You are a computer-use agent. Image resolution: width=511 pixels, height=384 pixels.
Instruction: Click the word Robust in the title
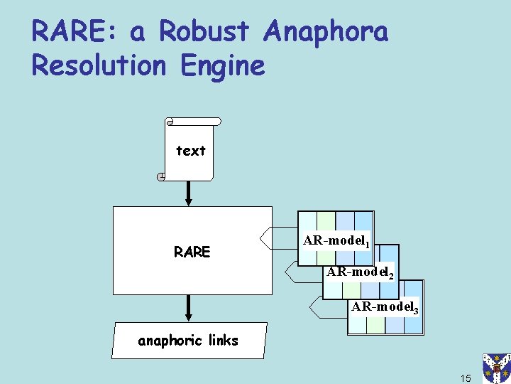(x=205, y=32)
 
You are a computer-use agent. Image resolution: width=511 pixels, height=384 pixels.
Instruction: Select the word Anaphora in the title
(x=326, y=33)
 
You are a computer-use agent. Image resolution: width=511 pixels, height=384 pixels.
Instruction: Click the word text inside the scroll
(x=190, y=151)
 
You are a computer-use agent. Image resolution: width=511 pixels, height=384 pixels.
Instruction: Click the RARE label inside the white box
(x=192, y=252)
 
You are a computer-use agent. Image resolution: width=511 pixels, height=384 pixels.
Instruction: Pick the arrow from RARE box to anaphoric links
(x=189, y=307)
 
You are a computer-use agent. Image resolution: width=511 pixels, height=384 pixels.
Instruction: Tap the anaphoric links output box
(x=189, y=341)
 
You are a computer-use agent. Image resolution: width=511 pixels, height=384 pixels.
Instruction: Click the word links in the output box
(x=223, y=341)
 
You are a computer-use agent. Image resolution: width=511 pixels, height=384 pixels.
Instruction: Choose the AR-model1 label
(x=336, y=241)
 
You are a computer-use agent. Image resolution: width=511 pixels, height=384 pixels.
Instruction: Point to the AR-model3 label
(x=385, y=308)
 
